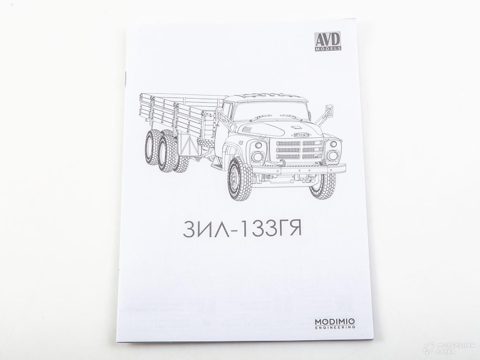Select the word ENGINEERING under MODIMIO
point(335,327)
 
